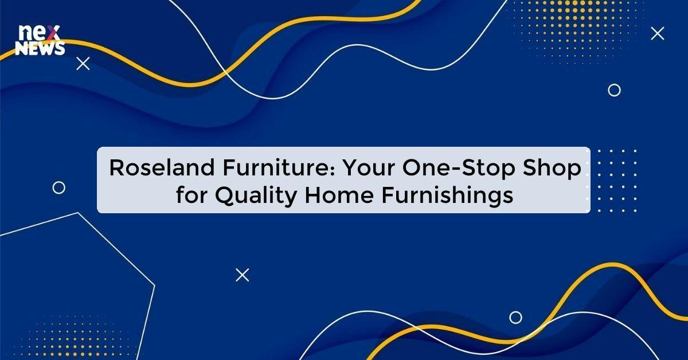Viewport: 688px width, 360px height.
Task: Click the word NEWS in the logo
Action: pos(40,50)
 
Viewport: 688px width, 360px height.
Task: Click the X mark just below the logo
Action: pos(83,64)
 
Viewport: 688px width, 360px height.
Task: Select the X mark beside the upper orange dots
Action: pos(658,34)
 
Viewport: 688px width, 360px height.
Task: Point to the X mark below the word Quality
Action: pos(243,275)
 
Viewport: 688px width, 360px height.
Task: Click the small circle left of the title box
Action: pos(58,187)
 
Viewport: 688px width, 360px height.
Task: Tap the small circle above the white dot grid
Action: pos(614,90)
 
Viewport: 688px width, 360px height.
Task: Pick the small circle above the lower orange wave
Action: pos(515,317)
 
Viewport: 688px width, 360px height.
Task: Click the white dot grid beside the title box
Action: pos(617,181)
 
